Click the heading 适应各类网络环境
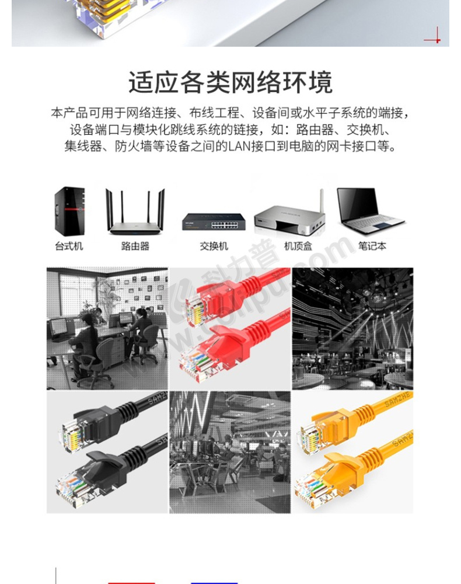[x=230, y=82]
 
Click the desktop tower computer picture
[x=69, y=211]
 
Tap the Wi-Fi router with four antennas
[x=135, y=211]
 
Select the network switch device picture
[x=214, y=222]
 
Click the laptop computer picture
[x=370, y=211]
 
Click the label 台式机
[x=69, y=246]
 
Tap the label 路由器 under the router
[x=135, y=246]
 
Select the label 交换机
[x=214, y=246]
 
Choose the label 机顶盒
[x=298, y=246]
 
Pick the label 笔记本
[x=372, y=246]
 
